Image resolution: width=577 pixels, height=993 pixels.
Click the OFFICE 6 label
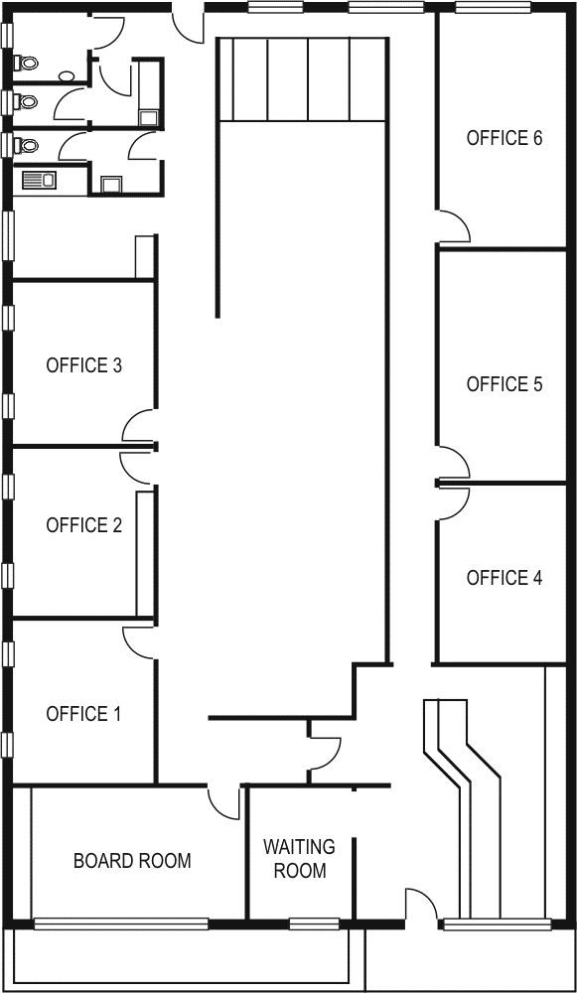tap(505, 138)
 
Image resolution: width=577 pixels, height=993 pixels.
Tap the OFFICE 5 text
tap(505, 383)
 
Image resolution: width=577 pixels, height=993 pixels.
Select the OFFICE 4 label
tap(505, 578)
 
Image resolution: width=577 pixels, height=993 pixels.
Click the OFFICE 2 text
tap(83, 525)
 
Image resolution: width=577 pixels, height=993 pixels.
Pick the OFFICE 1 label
tap(83, 714)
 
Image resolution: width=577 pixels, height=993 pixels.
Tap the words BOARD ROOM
tap(132, 861)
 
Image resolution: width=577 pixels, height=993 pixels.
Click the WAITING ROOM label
tap(300, 858)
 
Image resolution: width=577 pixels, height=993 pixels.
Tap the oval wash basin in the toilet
tap(67, 76)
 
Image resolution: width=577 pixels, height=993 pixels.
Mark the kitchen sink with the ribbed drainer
tap(40, 181)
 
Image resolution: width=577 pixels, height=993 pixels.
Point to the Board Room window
tap(121, 923)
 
